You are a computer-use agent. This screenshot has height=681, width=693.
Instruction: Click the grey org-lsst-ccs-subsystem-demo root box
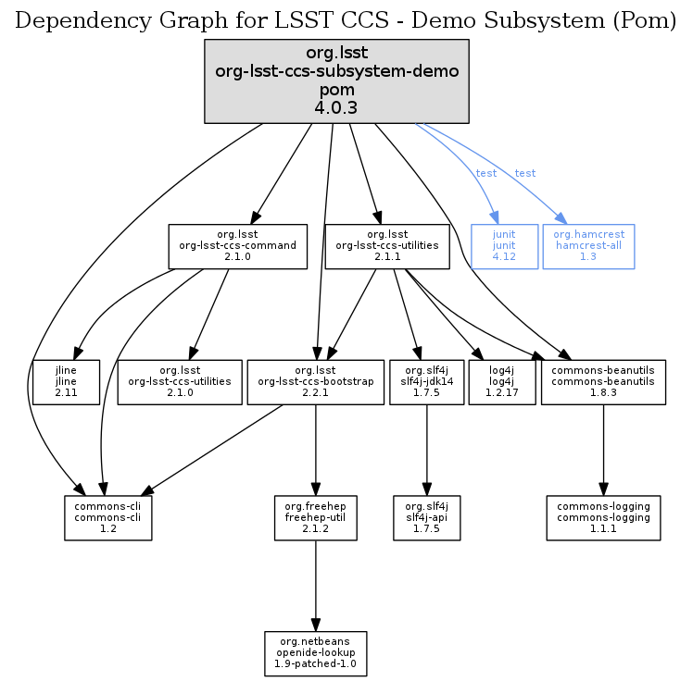tap(336, 80)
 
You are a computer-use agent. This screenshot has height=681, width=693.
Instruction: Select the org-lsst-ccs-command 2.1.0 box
tap(237, 246)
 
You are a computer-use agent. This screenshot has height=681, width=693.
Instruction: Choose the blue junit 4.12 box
tap(504, 246)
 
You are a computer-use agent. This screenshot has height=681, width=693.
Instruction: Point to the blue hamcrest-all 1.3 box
tap(588, 246)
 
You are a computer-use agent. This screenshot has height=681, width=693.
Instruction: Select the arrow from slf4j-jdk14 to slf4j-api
tap(426, 450)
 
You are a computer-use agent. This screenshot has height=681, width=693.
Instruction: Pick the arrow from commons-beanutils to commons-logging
tap(603, 450)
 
